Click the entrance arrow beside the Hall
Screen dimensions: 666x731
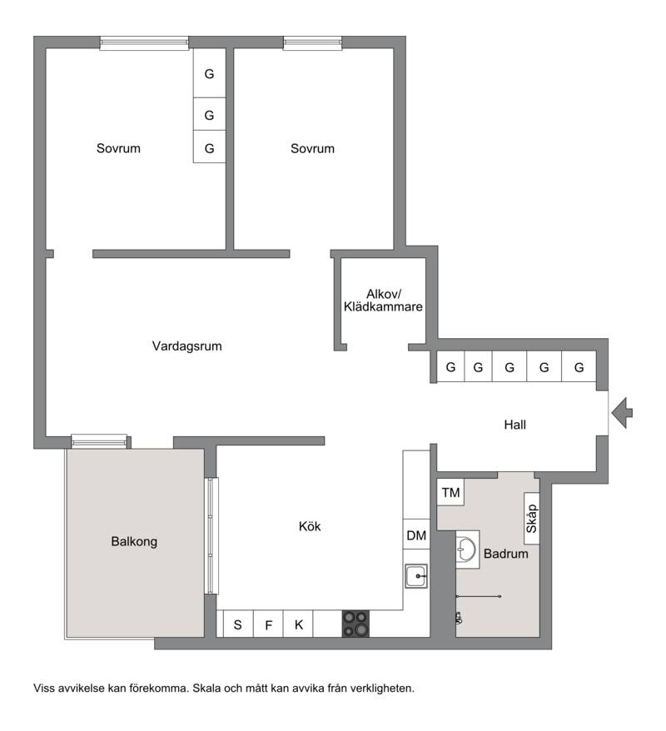pos(621,413)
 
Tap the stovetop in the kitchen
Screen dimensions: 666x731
pos(355,624)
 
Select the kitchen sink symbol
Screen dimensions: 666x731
pos(415,576)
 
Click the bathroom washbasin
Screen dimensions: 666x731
pos(466,549)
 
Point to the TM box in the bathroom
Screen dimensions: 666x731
pos(450,492)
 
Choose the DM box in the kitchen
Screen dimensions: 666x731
pos(416,535)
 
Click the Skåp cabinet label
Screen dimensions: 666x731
pos(532,519)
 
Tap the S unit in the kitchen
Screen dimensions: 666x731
pos(238,624)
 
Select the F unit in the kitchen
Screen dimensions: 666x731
pos(268,624)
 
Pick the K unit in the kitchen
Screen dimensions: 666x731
pos(298,624)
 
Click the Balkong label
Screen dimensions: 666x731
pos(134,541)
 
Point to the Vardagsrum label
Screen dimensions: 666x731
pos(186,346)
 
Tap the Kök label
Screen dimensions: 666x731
pos(310,526)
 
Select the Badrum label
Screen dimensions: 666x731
pos(505,554)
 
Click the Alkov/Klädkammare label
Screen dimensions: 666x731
pos(383,301)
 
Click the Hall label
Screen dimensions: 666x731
pos(515,425)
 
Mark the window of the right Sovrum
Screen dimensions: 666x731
pos(312,43)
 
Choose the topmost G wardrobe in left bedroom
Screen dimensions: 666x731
pos(209,72)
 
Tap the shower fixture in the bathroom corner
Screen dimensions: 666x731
pos(459,618)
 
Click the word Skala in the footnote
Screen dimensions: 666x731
pos(207,688)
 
